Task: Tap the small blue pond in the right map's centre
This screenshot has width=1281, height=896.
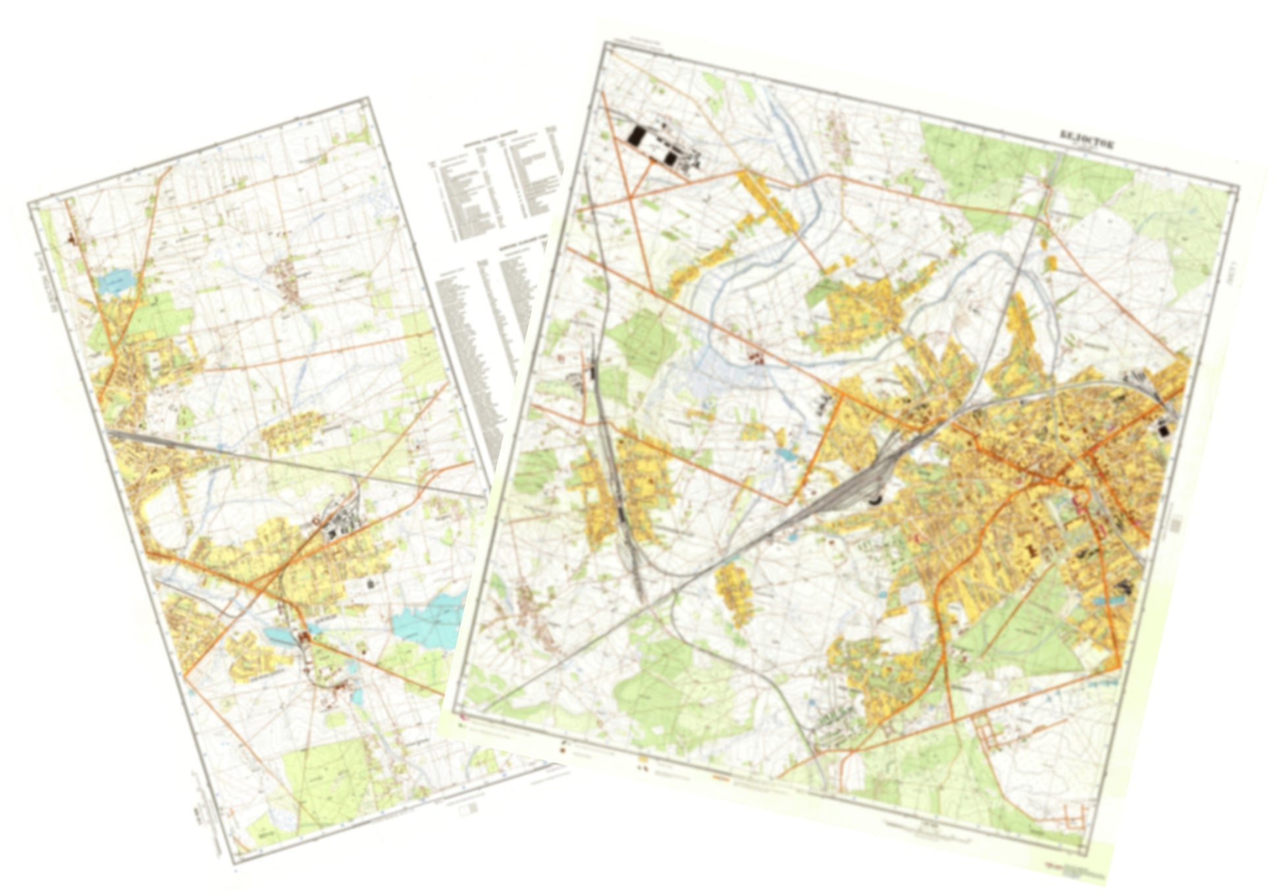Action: coord(785,454)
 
